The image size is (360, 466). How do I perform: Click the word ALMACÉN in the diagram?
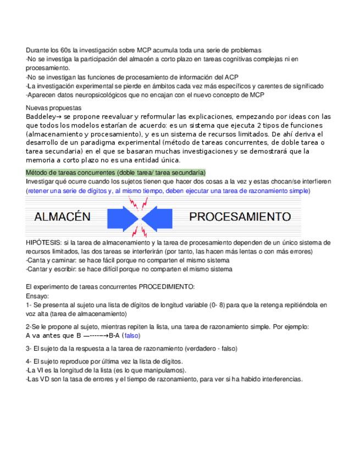(62, 217)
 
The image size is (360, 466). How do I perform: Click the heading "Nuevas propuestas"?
(53, 108)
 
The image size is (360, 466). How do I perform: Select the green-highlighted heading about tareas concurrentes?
(115, 173)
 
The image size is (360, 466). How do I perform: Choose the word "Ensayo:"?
(37, 295)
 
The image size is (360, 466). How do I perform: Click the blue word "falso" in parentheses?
(132, 335)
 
